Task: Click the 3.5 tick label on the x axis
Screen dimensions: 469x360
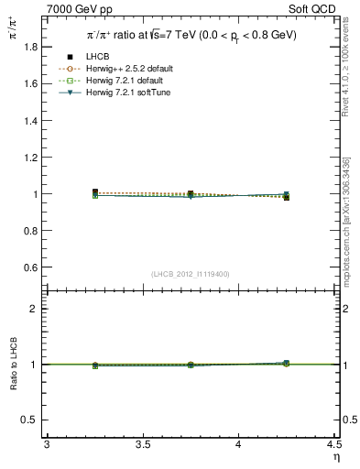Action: point(142,444)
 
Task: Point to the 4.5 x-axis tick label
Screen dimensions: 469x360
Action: point(333,444)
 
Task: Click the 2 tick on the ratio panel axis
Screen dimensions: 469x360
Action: point(36,309)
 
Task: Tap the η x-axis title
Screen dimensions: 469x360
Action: point(335,456)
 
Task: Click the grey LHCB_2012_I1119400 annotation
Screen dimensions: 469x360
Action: point(191,274)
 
